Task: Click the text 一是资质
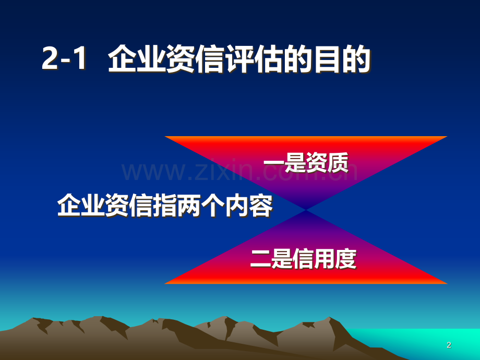tap(306, 163)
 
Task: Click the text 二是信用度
tap(304, 259)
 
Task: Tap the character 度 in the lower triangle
tap(346, 259)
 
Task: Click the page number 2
tap(449, 345)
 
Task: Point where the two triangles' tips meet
tap(306, 210)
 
